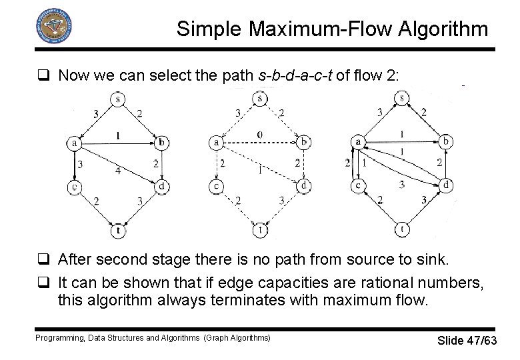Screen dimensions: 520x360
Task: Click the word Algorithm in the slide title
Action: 439,29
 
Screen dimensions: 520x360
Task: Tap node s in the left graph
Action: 117,99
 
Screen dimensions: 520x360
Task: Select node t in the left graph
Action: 117,231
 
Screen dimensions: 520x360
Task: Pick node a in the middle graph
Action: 216,142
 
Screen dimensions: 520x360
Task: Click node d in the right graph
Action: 447,184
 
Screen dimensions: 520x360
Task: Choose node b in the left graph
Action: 161,142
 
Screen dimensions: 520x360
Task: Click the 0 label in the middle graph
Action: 259,135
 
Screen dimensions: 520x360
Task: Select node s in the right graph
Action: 403,99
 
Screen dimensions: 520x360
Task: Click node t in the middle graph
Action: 259,231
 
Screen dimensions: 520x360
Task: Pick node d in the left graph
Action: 161,187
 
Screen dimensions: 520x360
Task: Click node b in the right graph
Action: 447,142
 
